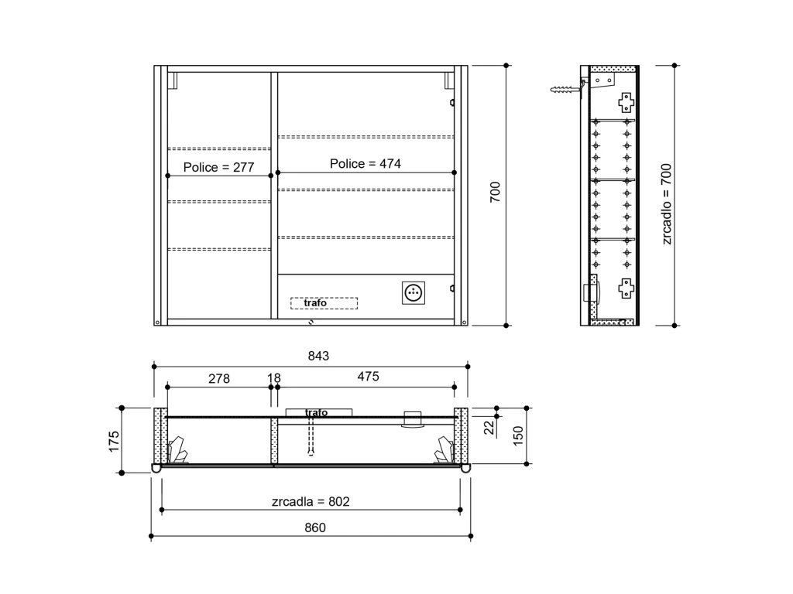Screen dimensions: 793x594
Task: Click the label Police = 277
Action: coord(218,167)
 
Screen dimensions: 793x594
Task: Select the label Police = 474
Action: coord(366,164)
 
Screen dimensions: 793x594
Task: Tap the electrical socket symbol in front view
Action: coord(414,293)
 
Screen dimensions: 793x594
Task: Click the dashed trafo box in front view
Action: coord(324,303)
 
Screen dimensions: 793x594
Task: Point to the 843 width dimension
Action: coord(318,356)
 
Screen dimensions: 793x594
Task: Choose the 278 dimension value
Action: coord(219,378)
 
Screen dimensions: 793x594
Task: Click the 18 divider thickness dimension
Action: coord(273,377)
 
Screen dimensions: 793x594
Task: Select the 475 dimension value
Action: coord(368,377)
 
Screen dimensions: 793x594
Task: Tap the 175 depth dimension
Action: coord(114,442)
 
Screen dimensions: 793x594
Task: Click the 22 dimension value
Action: coord(489,428)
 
